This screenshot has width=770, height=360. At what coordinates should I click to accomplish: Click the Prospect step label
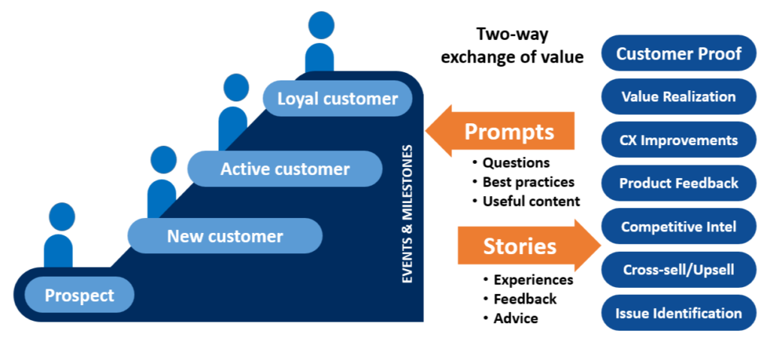coord(79,295)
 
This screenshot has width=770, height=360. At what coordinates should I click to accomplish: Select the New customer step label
coord(225,236)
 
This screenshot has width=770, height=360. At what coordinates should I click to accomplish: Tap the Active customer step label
coord(285,169)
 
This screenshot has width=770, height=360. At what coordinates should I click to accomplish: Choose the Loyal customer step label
coord(338,98)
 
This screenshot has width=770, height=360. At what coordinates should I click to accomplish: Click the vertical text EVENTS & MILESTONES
coord(408,214)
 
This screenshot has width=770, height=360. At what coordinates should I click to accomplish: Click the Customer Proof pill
coord(678,53)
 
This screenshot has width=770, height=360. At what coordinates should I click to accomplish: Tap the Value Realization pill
coord(678,96)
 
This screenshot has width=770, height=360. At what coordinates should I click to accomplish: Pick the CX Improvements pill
coord(678,140)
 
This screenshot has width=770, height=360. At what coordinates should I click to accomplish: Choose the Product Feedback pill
coord(678,183)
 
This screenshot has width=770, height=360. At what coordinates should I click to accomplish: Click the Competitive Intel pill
coord(678,226)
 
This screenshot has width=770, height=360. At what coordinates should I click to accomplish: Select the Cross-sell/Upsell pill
coord(678,269)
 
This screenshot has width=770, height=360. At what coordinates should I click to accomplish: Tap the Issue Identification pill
coord(678,313)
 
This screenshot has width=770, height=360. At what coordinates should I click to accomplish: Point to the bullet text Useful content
coord(531,201)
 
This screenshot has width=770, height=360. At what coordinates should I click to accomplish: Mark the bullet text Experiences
coord(533,280)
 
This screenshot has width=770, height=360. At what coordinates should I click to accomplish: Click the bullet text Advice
coord(516,318)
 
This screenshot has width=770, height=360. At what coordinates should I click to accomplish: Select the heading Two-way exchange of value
coord(512,45)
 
